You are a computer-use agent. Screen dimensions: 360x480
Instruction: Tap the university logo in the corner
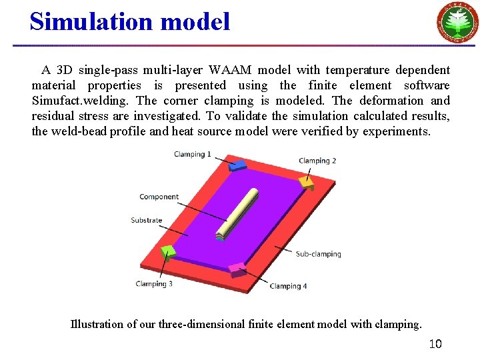[457, 22]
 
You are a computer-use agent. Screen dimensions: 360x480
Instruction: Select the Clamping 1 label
[192, 155]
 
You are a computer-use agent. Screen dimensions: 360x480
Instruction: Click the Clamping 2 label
[317, 161]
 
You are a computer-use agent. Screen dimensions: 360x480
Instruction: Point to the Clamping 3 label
[154, 284]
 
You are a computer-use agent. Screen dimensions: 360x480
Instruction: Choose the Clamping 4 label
[288, 286]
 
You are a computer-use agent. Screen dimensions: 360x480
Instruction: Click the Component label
[159, 197]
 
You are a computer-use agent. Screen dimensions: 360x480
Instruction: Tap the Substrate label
[147, 220]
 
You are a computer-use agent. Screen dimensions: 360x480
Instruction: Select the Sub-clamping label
[318, 254]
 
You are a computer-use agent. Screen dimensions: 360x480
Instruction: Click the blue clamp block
[238, 164]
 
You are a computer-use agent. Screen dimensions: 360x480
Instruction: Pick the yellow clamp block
[307, 182]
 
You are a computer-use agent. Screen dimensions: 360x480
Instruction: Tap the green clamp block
[169, 251]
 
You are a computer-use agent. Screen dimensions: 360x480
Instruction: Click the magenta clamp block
[237, 270]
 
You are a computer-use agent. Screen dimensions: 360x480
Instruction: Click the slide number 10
[435, 344]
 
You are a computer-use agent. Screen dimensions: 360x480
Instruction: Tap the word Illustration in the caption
[97, 325]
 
